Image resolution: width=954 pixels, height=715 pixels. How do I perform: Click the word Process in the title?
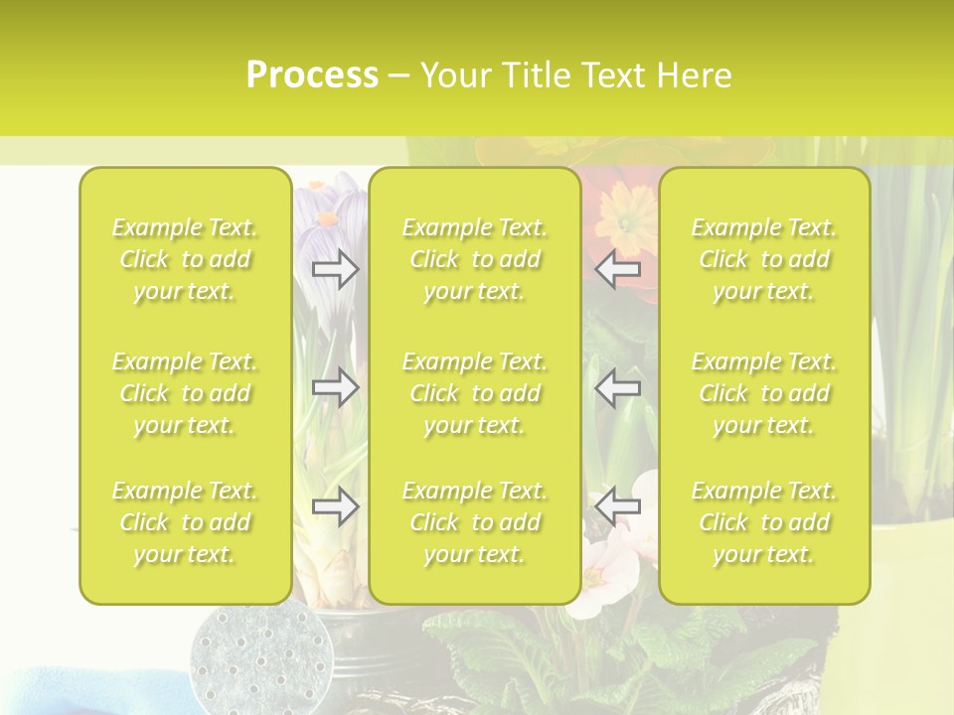point(312,75)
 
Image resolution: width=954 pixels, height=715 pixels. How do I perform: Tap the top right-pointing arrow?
point(335,269)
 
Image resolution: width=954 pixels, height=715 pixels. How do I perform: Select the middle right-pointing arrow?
point(335,387)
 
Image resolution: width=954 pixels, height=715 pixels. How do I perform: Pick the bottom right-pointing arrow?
point(335,507)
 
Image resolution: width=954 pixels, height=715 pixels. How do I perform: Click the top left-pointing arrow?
point(617,269)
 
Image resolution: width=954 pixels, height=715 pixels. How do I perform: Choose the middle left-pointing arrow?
point(617,387)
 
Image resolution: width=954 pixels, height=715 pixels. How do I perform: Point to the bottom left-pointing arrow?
point(617,507)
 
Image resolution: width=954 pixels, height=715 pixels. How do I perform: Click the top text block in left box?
point(185,259)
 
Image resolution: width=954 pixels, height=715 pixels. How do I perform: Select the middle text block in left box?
point(185,393)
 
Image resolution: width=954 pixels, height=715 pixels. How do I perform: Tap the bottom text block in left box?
point(185,522)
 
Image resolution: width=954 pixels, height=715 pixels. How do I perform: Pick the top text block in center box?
point(475,259)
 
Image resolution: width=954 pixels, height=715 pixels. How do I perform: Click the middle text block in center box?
point(475,393)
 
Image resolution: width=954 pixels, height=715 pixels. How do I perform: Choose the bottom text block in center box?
point(475,522)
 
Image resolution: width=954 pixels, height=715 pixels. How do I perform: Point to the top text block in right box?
point(764,259)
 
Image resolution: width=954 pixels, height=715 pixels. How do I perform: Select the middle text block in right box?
point(764,393)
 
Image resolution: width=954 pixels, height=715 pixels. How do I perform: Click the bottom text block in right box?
point(764,522)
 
